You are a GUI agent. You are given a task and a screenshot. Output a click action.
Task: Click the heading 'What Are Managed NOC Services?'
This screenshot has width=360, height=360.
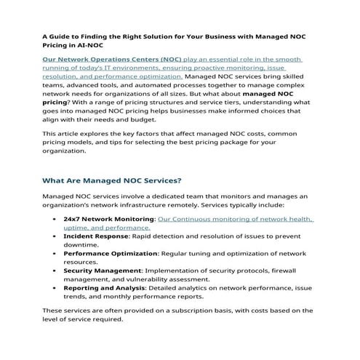(111, 180)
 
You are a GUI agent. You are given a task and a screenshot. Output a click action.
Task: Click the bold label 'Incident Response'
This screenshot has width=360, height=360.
(95, 236)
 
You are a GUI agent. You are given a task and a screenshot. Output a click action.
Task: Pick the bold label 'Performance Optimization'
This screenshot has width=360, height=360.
(111, 253)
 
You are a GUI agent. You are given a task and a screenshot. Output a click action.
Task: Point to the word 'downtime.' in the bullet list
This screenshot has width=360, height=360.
(81, 244)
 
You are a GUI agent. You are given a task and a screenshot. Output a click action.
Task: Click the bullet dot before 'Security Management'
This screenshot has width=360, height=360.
(55, 271)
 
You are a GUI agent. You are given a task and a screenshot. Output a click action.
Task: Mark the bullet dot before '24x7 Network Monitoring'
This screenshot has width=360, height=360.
(55, 219)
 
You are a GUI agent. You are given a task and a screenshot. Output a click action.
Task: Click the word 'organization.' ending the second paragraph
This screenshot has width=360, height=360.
(64, 151)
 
